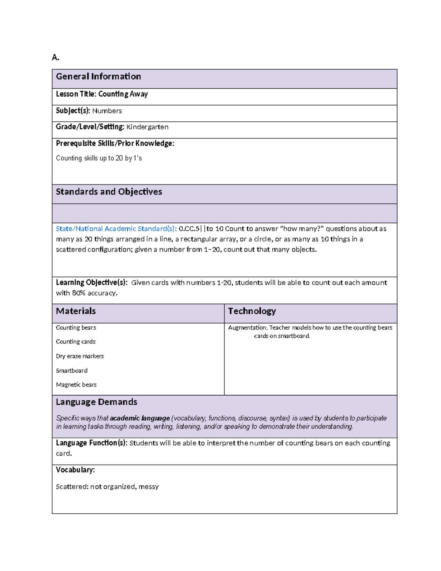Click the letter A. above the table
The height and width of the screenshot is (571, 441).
pos(55,57)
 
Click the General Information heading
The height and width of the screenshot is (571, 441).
pos(98,76)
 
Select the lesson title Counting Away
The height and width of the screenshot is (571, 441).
pos(123,94)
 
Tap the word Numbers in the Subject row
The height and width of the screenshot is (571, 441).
pos(107,111)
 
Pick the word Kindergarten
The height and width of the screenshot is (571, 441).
pos(147,127)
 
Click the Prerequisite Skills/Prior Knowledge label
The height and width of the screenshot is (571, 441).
pos(115,143)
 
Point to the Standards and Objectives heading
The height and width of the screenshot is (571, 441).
pos(109,192)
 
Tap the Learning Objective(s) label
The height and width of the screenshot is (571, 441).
pos(92,282)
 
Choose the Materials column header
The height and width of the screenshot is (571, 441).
pos(76,311)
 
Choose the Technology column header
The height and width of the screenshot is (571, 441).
pos(252,311)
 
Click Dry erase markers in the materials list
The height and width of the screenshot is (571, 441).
pos(80,356)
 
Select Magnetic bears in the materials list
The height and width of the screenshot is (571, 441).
pos(76,385)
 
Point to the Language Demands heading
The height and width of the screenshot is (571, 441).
pos(96,402)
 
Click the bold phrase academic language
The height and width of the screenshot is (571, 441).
pos(140,418)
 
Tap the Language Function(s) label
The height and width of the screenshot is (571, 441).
pos(92,443)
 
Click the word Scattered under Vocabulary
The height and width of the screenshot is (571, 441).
pos(72,486)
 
